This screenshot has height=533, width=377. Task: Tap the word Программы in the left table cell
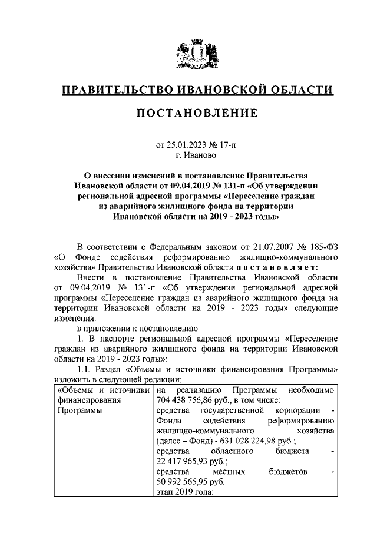[x=75, y=411]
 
